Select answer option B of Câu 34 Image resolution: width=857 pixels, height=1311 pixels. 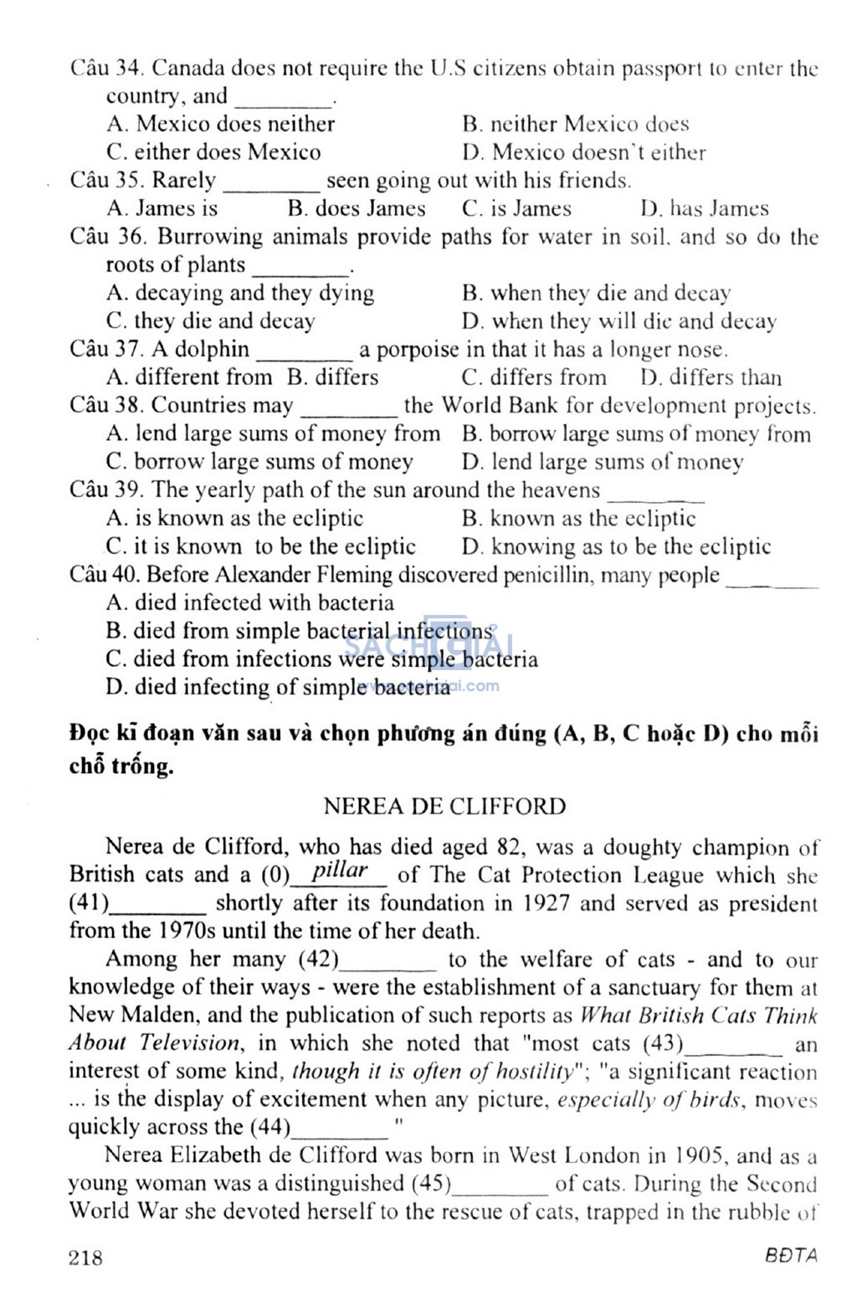coord(575,125)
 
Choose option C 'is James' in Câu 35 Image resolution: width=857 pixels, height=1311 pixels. coord(516,208)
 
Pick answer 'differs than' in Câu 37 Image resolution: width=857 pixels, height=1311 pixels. coord(711,377)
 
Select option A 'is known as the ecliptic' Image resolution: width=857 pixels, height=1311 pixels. coord(235,519)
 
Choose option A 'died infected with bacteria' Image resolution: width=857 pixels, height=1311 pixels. coord(250,602)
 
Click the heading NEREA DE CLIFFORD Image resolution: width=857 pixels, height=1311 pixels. coord(444,807)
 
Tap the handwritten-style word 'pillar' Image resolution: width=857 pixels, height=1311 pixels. coord(339,870)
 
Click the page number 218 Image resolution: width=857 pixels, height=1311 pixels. coord(86,1257)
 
